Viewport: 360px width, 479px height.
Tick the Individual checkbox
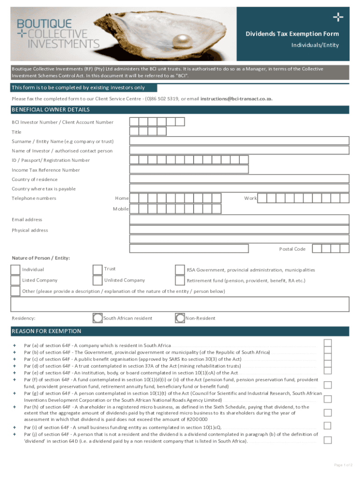tap(15, 269)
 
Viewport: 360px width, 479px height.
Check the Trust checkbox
tap(97, 269)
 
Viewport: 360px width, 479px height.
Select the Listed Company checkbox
tap(15, 280)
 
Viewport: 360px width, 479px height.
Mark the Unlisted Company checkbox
tap(97, 281)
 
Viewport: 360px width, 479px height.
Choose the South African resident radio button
tap(98, 318)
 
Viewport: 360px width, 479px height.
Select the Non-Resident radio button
tap(180, 318)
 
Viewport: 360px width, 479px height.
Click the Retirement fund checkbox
tap(180, 281)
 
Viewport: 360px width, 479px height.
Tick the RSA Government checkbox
tap(180, 270)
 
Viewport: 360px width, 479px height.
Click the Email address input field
tap(239, 219)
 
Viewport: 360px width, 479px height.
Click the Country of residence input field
tap(239, 179)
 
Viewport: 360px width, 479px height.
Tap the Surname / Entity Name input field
tap(239, 141)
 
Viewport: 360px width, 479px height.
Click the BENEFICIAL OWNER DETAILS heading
tap(51, 110)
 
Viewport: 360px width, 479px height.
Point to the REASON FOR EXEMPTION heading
tap(46, 331)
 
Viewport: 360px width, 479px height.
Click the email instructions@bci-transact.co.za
tap(236, 99)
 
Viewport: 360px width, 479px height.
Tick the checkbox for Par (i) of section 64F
tap(328, 426)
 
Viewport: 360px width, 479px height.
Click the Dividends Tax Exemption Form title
tap(292, 34)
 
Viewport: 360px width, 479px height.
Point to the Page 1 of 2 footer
tap(343, 465)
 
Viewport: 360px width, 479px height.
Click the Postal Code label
tap(292, 249)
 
